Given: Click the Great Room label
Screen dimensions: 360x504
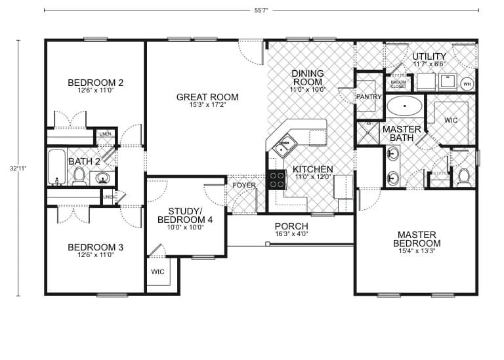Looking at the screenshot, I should click(207, 97).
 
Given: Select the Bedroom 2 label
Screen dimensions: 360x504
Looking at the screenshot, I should click(96, 83).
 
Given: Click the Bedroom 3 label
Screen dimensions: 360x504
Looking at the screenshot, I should click(96, 247).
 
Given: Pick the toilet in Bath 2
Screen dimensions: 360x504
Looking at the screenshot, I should click(79, 175).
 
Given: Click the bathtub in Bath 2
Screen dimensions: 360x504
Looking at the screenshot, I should click(57, 167).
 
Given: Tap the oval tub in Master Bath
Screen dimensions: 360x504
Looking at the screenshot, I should click(404, 105).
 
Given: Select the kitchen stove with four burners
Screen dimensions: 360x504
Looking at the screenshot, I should click(276, 179).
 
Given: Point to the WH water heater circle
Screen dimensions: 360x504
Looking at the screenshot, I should click(467, 84).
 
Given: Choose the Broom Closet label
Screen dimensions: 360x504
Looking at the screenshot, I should click(398, 85).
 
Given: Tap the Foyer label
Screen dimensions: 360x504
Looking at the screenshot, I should click(244, 186).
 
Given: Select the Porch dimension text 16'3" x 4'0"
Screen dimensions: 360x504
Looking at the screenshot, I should click(291, 233).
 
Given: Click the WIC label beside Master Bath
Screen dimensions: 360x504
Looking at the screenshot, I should click(451, 121).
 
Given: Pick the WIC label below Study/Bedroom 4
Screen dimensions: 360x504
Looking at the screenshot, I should click(157, 271).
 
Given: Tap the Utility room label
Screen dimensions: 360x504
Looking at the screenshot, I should click(429, 56).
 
